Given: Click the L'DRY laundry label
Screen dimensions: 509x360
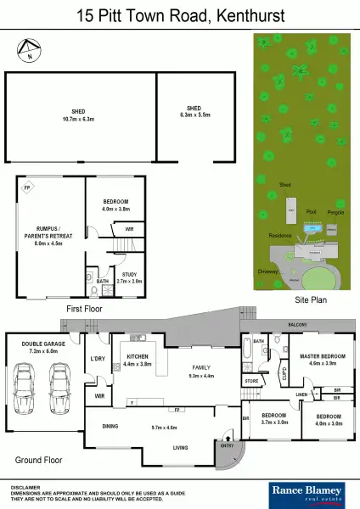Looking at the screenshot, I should [97, 358].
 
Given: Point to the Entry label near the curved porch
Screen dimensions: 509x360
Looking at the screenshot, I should [227, 445].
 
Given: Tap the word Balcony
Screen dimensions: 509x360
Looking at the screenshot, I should [296, 325].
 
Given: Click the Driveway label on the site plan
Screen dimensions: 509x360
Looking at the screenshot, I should [267, 271].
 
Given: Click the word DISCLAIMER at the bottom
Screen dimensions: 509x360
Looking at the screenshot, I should [26, 486].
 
